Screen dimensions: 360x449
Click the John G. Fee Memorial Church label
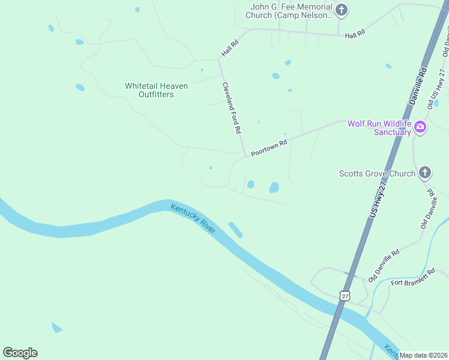(291, 11)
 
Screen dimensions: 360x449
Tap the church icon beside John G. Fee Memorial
(342, 10)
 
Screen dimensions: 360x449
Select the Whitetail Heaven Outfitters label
(156, 90)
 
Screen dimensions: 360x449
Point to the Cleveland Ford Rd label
(231, 107)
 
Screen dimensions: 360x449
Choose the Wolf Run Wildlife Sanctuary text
(379, 128)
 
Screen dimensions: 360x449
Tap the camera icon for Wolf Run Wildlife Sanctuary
(420, 127)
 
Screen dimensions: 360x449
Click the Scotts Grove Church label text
(376, 173)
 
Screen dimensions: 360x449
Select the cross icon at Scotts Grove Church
(424, 173)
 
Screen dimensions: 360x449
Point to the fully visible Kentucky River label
(193, 219)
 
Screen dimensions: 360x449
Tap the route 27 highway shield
(343, 296)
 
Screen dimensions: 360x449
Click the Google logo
(20, 353)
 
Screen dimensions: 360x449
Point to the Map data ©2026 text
(424, 355)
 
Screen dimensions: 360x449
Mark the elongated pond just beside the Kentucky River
(235, 230)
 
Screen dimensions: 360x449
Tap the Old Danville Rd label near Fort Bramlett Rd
(384, 266)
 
